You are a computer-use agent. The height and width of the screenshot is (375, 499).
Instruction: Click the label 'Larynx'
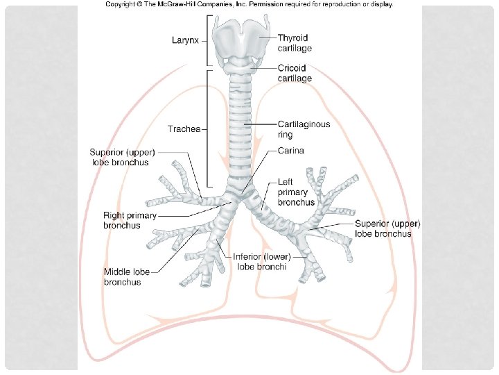(x=185, y=40)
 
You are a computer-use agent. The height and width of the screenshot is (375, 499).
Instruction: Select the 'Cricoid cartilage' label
(x=295, y=73)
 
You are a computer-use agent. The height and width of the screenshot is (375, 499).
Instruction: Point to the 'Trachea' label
(x=184, y=129)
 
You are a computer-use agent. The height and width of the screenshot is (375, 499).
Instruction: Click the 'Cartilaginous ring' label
(x=304, y=129)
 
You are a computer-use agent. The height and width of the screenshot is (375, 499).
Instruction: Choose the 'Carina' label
(x=291, y=150)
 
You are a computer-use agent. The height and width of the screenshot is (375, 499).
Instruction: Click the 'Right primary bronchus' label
(x=130, y=220)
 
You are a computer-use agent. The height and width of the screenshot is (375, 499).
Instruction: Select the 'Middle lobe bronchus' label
(x=132, y=277)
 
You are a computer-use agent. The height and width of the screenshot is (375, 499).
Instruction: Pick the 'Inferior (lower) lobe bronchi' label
(x=261, y=261)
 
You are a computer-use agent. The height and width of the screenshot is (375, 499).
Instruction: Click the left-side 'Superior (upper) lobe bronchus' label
(x=123, y=157)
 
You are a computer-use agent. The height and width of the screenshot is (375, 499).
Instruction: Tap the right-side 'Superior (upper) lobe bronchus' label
(x=387, y=228)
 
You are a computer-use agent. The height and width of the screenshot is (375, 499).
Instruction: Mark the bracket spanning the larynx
(x=206, y=40)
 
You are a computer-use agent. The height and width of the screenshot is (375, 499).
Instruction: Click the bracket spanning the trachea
(x=206, y=129)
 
